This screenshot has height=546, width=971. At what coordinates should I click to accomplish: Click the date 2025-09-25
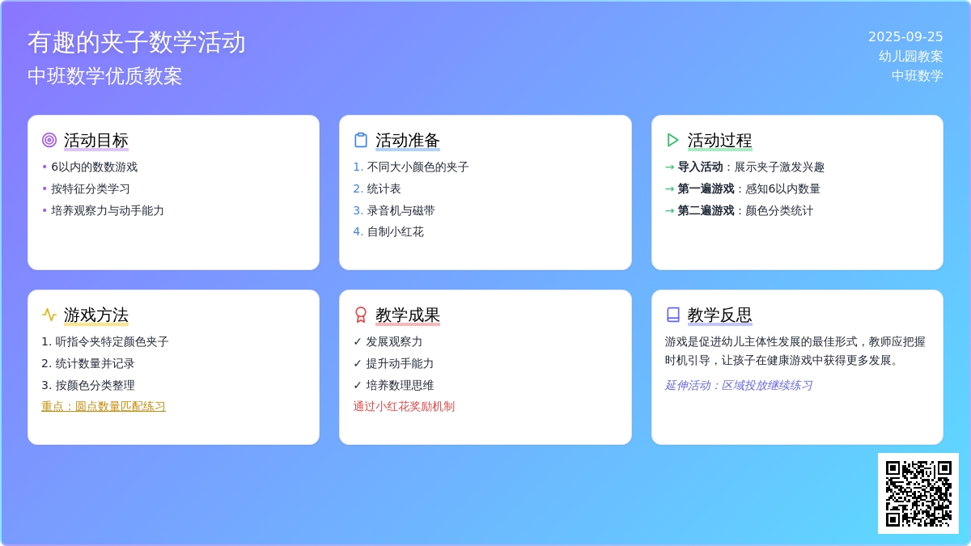tap(905, 37)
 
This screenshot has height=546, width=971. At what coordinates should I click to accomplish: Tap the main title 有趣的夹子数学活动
tap(137, 42)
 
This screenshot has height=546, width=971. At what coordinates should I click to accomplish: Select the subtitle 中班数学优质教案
tap(105, 76)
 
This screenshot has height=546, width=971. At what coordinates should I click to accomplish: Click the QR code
tap(918, 493)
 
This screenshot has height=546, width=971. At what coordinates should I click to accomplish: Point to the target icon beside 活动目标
tap(49, 140)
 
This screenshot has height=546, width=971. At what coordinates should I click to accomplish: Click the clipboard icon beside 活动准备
tap(361, 140)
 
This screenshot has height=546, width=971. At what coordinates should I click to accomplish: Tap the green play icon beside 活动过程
tap(672, 140)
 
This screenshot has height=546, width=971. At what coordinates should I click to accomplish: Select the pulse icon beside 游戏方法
tap(49, 315)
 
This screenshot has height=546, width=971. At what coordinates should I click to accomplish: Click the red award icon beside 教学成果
tap(361, 315)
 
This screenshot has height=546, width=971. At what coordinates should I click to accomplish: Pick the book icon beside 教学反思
tap(672, 315)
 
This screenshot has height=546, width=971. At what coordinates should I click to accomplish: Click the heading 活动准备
tap(408, 141)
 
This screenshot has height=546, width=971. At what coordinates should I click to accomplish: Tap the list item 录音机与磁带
tap(401, 210)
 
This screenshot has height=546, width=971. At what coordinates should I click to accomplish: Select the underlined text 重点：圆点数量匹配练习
tap(104, 406)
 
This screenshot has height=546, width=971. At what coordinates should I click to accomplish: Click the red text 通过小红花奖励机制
tap(404, 406)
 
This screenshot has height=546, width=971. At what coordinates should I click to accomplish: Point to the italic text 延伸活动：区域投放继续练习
tap(739, 385)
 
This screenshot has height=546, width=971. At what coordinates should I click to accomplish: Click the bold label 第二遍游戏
tap(706, 210)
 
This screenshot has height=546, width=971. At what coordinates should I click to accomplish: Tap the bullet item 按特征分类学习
tap(90, 189)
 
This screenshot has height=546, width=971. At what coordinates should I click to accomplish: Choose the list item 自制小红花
tap(395, 232)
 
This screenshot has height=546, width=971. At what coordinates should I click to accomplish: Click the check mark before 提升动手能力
tap(357, 363)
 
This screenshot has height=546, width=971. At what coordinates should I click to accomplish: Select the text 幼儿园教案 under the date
tap(910, 57)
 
